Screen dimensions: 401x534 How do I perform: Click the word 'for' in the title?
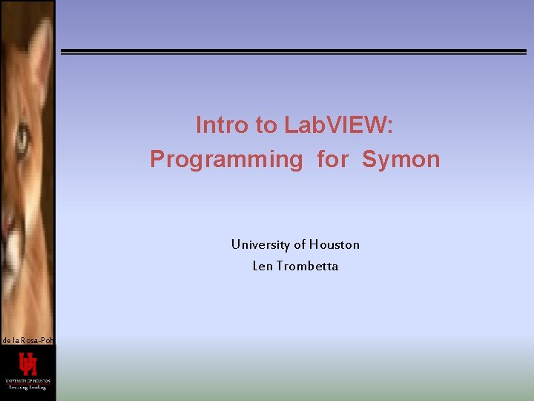[x=332, y=159]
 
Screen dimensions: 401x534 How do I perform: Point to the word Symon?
[x=401, y=159]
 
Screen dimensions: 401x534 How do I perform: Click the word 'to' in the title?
[x=266, y=125]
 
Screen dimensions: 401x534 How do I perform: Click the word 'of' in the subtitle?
[x=300, y=244]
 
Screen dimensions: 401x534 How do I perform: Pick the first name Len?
[x=263, y=266]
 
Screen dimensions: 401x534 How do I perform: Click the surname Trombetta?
[x=306, y=266]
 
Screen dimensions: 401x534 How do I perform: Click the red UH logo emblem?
[x=28, y=365]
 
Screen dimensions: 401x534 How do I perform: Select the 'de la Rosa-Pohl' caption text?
[x=27, y=340]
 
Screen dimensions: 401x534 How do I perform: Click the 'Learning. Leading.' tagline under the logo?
[x=27, y=387]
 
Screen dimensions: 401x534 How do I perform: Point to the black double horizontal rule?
[x=293, y=52]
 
